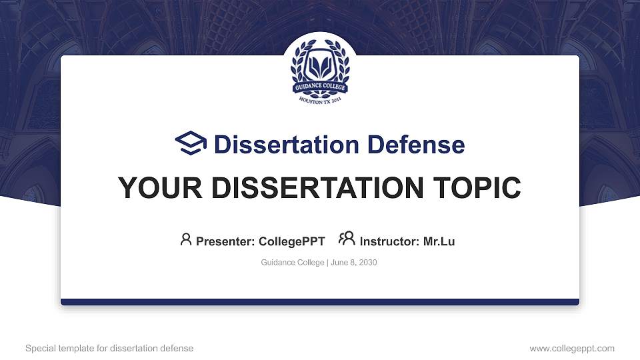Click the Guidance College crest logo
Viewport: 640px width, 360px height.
click(x=320, y=69)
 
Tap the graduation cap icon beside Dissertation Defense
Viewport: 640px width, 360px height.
click(x=191, y=144)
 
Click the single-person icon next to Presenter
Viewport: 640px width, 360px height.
click(x=186, y=239)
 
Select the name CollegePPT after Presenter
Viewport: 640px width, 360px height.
click(x=291, y=241)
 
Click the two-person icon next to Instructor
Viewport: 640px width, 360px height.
click(x=347, y=239)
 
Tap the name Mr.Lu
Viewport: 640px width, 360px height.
click(x=439, y=241)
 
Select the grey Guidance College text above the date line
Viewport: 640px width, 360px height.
click(x=292, y=263)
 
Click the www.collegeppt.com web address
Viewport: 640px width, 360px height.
click(x=572, y=349)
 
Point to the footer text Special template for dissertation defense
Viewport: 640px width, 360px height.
click(x=109, y=349)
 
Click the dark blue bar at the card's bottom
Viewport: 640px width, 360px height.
click(x=320, y=302)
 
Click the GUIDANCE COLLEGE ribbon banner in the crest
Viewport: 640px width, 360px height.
click(x=320, y=87)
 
